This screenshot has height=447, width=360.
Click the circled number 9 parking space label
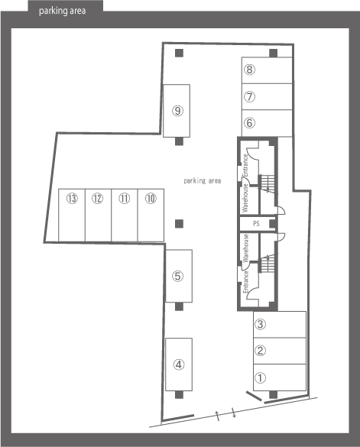(x=178, y=111)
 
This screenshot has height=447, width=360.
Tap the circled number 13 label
(x=72, y=199)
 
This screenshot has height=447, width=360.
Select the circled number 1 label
(x=260, y=378)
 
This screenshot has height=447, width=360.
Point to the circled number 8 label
(x=249, y=70)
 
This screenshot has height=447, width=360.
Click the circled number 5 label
(x=178, y=276)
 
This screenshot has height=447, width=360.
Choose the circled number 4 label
(x=179, y=364)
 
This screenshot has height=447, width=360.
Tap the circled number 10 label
(x=151, y=199)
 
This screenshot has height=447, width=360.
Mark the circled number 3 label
(x=260, y=324)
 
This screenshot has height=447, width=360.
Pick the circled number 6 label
(x=249, y=123)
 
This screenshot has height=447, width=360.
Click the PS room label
(x=256, y=224)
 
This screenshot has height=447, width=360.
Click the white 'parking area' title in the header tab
(x=62, y=11)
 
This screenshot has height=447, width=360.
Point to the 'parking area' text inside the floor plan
(x=203, y=181)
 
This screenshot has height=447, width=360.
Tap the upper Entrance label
(x=245, y=165)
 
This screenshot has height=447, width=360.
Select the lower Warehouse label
(x=245, y=248)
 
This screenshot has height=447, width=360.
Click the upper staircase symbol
(x=268, y=184)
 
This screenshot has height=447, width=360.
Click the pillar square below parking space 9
(x=179, y=141)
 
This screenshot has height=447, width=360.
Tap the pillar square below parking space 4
(x=179, y=395)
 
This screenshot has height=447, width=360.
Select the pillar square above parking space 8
(x=274, y=53)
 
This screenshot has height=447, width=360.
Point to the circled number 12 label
(x=97, y=199)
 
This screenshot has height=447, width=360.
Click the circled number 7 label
(x=249, y=96)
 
